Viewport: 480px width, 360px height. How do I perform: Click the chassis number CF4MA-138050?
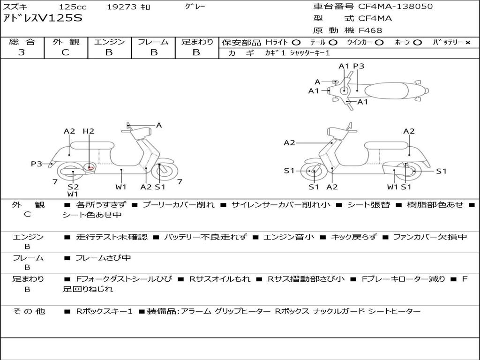coord(395,7)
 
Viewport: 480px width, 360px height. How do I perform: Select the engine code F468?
coord(370,30)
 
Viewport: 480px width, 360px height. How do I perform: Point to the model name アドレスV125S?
coord(43,19)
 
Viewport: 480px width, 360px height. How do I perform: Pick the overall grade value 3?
coord(22,52)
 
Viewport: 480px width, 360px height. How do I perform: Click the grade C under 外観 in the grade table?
coord(65,52)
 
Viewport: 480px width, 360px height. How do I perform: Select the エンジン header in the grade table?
coord(109,42)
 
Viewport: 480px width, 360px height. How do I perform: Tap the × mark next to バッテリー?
coord(467,42)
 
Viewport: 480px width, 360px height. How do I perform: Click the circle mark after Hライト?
coord(296,42)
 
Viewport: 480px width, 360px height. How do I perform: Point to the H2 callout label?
coord(89,131)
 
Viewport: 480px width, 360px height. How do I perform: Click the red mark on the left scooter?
coord(91,167)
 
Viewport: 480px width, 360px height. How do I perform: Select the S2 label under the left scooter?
coord(73,187)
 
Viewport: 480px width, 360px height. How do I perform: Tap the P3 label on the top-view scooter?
coord(359,66)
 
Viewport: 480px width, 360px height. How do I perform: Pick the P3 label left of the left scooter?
coord(37,164)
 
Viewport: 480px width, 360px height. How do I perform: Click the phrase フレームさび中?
coord(103,258)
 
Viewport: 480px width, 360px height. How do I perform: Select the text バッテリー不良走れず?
coord(205,237)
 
